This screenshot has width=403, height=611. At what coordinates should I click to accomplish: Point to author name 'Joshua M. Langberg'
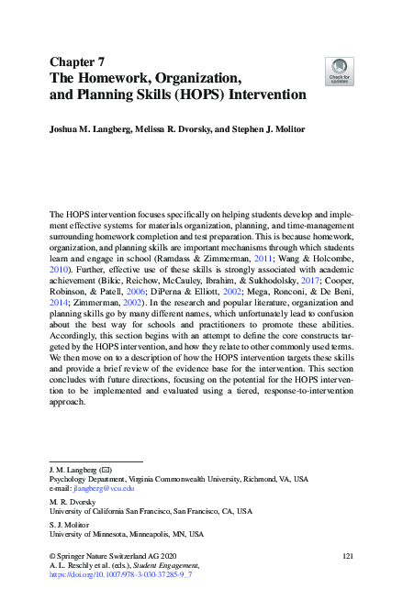(x=90, y=131)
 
